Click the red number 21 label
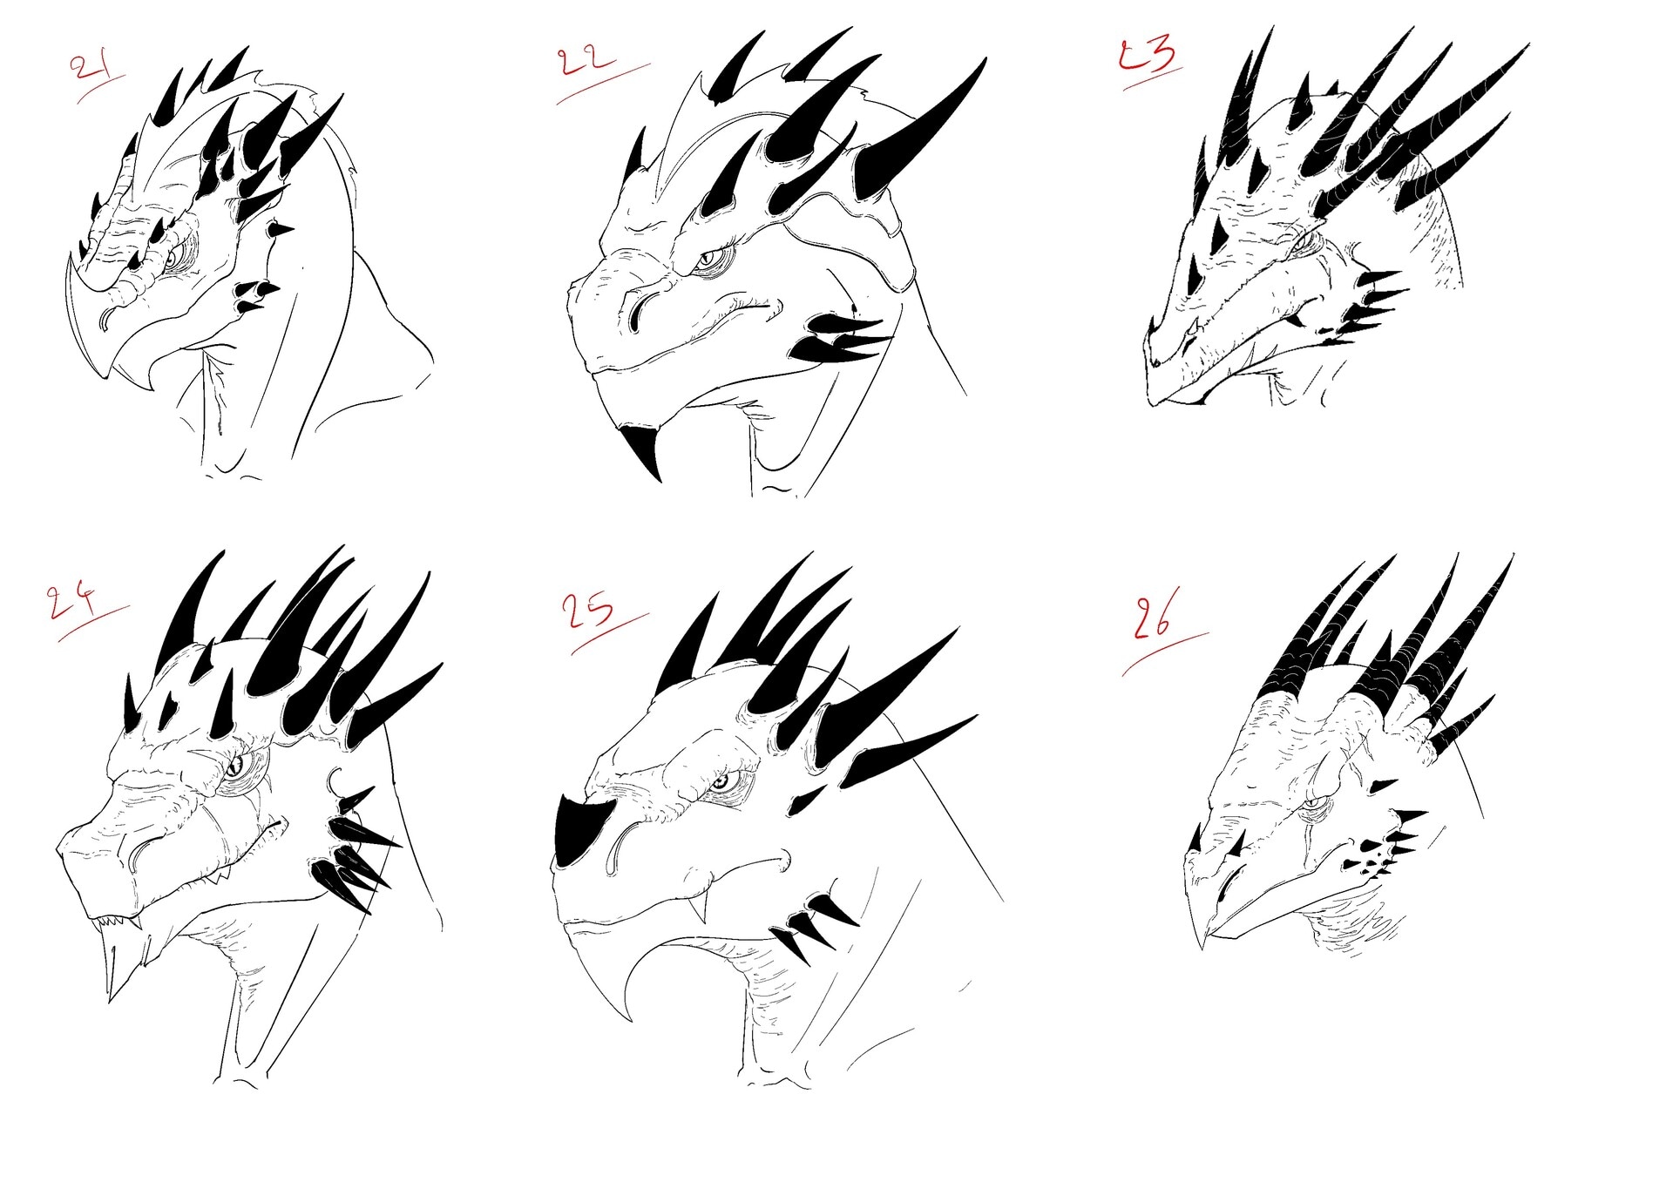tap(90, 68)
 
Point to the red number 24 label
tap(73, 600)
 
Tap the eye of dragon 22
tap(710, 258)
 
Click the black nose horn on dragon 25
tap(579, 832)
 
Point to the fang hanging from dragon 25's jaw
tap(700, 909)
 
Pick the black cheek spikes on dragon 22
tap(841, 338)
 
